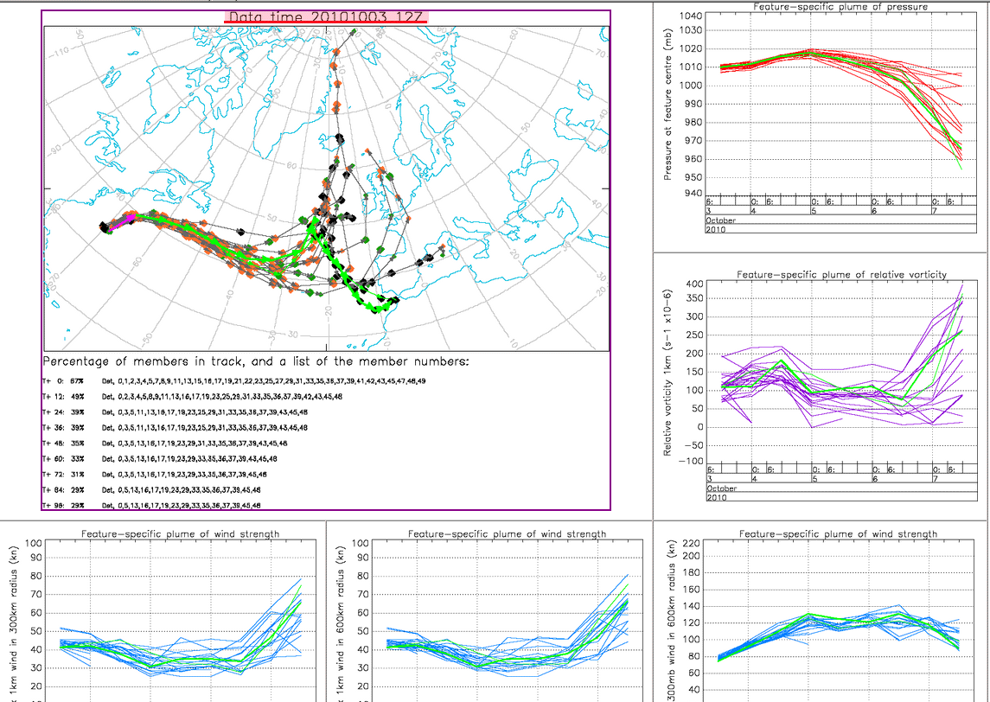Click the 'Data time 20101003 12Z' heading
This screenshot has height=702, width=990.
326,17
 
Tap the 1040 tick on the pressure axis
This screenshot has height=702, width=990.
690,16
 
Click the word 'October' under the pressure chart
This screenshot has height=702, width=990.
722,221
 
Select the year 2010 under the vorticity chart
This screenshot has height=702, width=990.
717,497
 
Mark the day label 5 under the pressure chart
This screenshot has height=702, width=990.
813,211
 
